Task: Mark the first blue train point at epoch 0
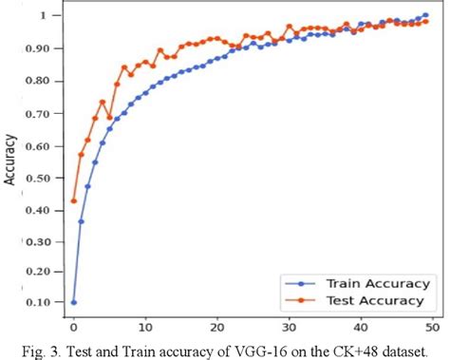[73, 302]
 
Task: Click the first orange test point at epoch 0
[73, 200]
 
